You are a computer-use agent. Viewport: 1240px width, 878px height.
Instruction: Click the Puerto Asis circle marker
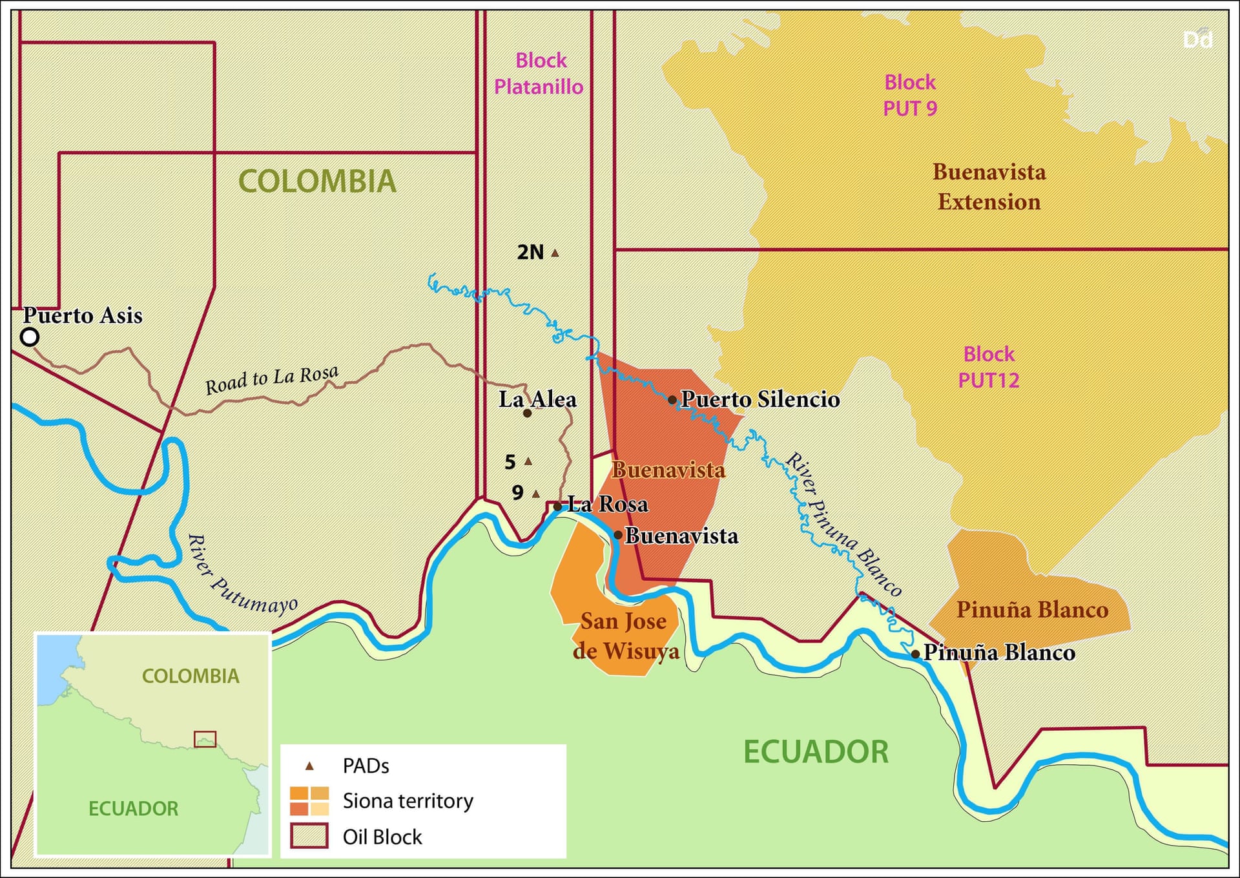click(x=30, y=337)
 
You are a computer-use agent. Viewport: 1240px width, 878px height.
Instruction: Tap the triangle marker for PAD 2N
click(x=555, y=253)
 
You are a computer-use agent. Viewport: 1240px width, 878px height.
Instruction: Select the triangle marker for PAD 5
click(x=528, y=461)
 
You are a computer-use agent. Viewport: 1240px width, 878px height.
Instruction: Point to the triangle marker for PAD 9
click(x=535, y=494)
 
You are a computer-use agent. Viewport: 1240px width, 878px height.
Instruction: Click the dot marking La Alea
click(x=527, y=413)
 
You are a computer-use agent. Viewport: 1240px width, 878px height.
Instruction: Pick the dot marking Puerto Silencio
click(x=672, y=400)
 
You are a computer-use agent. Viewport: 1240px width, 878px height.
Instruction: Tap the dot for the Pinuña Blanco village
click(x=915, y=654)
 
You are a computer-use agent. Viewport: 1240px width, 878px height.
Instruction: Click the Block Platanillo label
click(x=539, y=74)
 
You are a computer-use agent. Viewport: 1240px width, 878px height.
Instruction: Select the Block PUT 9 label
click(x=909, y=95)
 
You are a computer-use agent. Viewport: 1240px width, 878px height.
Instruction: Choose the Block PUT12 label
click(x=988, y=367)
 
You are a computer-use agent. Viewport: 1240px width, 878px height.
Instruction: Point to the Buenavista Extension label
click(x=989, y=187)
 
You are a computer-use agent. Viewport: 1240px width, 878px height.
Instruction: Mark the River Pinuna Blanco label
click(x=843, y=525)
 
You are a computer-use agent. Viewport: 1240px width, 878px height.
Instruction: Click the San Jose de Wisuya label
click(x=625, y=636)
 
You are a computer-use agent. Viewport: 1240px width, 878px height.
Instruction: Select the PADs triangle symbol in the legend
click(x=309, y=766)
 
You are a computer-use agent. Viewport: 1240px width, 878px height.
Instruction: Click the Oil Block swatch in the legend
click(x=309, y=836)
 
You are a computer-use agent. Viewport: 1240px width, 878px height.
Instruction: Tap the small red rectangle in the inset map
click(x=205, y=738)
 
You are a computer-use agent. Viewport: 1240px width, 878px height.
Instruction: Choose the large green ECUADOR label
click(x=816, y=752)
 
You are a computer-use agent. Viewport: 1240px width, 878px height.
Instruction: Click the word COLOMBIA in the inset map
click(x=191, y=676)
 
